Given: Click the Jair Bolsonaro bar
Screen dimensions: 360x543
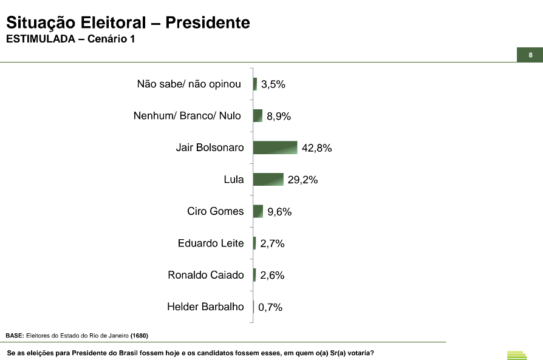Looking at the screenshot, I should [x=275, y=148].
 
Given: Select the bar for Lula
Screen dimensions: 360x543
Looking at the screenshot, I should [x=268, y=179].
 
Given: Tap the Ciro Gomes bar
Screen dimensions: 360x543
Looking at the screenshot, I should [x=258, y=211].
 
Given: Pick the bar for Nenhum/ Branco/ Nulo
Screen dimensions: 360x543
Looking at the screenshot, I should [x=258, y=115].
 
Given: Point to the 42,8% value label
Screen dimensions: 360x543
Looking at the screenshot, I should [x=317, y=148].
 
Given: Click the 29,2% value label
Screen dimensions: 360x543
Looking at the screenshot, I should [x=303, y=180].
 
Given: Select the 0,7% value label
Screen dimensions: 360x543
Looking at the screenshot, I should [x=270, y=307].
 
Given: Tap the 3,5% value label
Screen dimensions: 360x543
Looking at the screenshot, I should [x=273, y=84].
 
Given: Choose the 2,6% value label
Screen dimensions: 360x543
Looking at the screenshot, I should [x=272, y=275].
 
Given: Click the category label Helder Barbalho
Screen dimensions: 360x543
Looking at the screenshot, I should [x=205, y=307].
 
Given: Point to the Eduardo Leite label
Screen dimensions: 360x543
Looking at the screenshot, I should [x=211, y=243].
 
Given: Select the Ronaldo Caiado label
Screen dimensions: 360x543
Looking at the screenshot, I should [x=206, y=275].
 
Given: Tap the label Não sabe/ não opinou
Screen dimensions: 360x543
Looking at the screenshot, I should [x=190, y=84].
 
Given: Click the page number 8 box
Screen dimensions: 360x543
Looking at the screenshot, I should [x=530, y=55].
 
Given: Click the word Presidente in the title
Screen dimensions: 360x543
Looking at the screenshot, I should [x=208, y=23].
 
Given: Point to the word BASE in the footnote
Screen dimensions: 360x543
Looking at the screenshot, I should [x=14, y=336].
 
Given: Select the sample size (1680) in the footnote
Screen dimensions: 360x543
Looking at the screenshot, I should [x=139, y=336].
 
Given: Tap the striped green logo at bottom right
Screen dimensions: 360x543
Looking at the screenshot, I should [x=517, y=355].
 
